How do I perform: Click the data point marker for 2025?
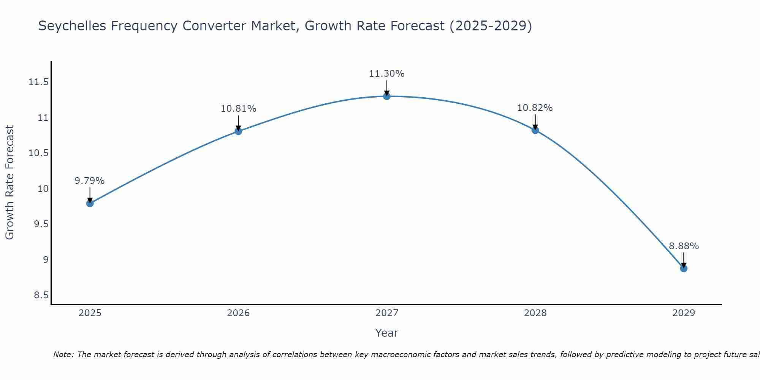[90, 203]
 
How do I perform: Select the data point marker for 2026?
[238, 131]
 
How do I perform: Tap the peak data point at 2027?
[387, 96]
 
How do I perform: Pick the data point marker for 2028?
[535, 130]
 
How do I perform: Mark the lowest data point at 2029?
[684, 269]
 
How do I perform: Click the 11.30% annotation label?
[386, 74]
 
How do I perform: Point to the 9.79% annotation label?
[89, 181]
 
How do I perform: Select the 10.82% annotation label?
[535, 108]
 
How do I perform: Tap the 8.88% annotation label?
[684, 246]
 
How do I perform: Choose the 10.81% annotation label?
[238, 109]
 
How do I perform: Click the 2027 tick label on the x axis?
[386, 313]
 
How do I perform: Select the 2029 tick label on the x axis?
[684, 313]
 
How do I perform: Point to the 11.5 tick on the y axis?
[38, 82]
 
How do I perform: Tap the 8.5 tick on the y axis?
[41, 295]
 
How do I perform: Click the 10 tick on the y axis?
[43, 189]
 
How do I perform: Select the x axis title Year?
[386, 333]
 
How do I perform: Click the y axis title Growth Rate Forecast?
[9, 182]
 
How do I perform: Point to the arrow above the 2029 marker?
[684, 260]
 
